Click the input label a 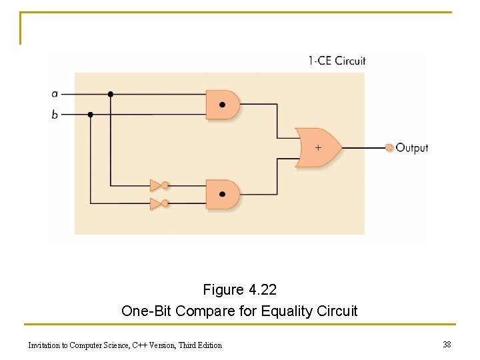click(x=55, y=94)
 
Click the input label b click(x=55, y=115)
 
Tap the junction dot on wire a click(x=111, y=94)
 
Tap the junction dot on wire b click(x=91, y=115)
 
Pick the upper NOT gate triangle click(x=155, y=185)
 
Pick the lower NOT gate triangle click(x=155, y=203)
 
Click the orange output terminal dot click(x=389, y=147)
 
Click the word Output click(x=412, y=147)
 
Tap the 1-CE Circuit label click(x=337, y=61)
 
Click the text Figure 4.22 click(x=240, y=290)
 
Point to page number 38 click(x=447, y=344)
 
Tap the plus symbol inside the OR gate click(x=318, y=147)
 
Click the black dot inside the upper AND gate click(x=222, y=105)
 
